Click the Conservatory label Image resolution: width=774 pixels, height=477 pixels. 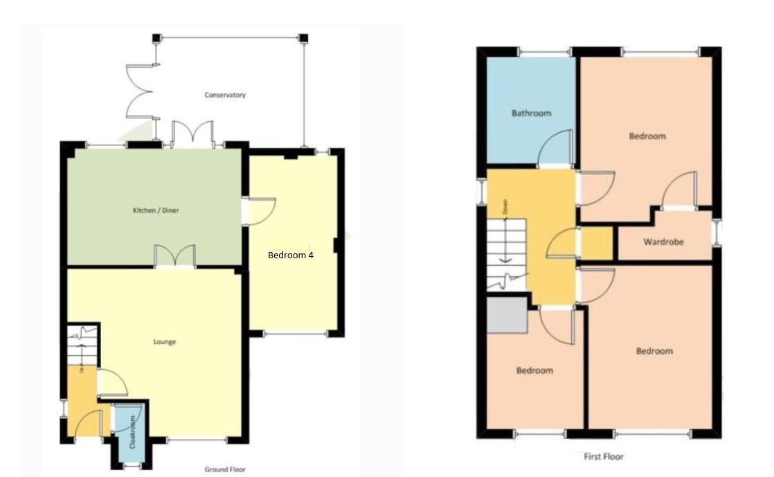coord(225,96)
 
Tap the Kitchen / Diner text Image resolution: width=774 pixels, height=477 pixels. coord(156,210)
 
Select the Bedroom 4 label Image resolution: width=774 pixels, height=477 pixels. coord(291,255)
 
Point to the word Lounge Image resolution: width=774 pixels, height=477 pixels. coord(165,342)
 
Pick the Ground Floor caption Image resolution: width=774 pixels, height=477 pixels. coord(225,469)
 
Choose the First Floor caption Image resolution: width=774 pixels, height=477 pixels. coord(604,456)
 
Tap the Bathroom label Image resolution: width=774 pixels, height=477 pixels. coord(531,113)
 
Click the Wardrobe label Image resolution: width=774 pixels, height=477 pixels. coord(663,242)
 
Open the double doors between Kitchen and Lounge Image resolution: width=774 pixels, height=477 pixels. coord(175,257)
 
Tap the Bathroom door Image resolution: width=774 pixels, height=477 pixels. coord(555,149)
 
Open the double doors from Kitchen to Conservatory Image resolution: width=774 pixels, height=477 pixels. coord(190,134)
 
